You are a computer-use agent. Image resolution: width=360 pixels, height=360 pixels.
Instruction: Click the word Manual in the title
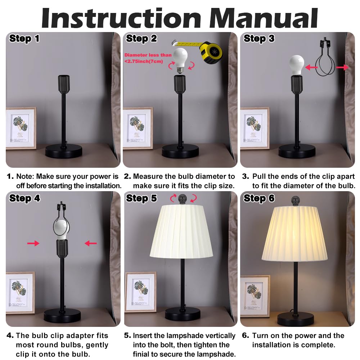pyautogui.click(x=264, y=18)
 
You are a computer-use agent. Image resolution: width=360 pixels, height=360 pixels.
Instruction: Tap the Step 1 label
pyautogui.click(x=24, y=39)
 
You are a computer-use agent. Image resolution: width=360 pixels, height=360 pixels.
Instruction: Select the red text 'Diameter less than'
pyautogui.click(x=148, y=55)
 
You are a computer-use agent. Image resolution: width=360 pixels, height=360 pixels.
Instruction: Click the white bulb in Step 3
pyautogui.click(x=297, y=65)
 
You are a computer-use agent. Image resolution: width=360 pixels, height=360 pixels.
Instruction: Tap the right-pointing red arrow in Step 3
pyautogui.click(x=342, y=67)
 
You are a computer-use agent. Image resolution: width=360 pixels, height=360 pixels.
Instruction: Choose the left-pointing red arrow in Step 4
pyautogui.click(x=91, y=243)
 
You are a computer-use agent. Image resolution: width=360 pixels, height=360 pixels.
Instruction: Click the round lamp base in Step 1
pyautogui.click(x=64, y=151)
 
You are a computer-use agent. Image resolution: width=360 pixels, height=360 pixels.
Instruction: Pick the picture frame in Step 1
pyautogui.click(x=21, y=129)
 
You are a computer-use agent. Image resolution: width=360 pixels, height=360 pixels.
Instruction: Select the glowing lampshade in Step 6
pyautogui.click(x=294, y=234)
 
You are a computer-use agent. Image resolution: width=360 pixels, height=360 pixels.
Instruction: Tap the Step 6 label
pyautogui.click(x=259, y=198)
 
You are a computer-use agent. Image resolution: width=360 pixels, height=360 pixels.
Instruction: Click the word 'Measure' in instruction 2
pyautogui.click(x=148, y=176)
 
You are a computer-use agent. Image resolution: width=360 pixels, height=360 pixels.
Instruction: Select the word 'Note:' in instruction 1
pyautogui.click(x=25, y=176)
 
